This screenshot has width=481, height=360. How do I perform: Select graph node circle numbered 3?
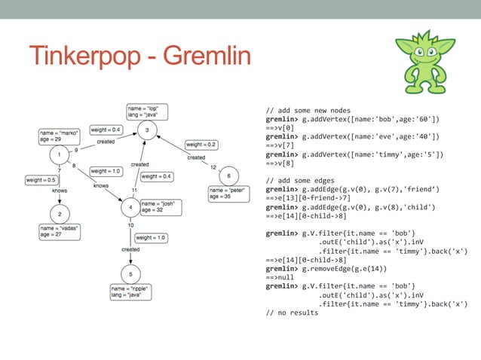pos(148,131)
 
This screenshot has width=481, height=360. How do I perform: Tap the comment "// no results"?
pos(292,312)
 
